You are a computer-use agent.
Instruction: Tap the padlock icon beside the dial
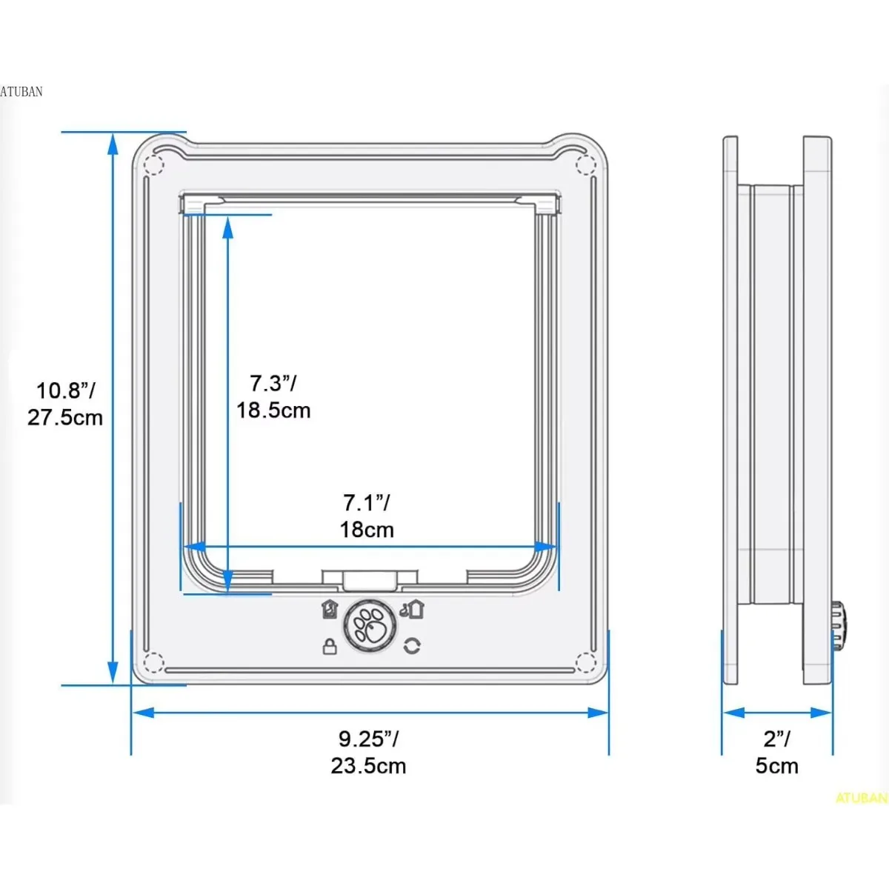330,646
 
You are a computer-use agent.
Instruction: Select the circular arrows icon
412,646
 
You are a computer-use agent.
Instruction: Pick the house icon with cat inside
330,609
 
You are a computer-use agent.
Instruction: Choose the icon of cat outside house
413,609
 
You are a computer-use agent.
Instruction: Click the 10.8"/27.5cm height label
65,404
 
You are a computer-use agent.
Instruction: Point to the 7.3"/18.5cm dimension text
273,397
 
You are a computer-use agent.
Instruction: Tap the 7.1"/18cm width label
367,516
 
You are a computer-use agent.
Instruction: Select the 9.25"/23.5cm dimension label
368,752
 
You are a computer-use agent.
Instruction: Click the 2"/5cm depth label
776,752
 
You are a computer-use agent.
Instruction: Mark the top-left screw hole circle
153,164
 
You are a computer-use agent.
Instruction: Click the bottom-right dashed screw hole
585,662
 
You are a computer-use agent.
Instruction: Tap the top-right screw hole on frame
585,164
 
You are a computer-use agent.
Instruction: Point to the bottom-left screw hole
153,662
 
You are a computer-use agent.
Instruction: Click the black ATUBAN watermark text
21,92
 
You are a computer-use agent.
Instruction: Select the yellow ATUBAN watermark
861,798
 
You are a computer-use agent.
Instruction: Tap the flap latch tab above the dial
370,579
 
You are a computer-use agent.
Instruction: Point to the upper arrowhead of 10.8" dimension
113,144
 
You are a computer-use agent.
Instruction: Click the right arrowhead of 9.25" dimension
599,713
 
